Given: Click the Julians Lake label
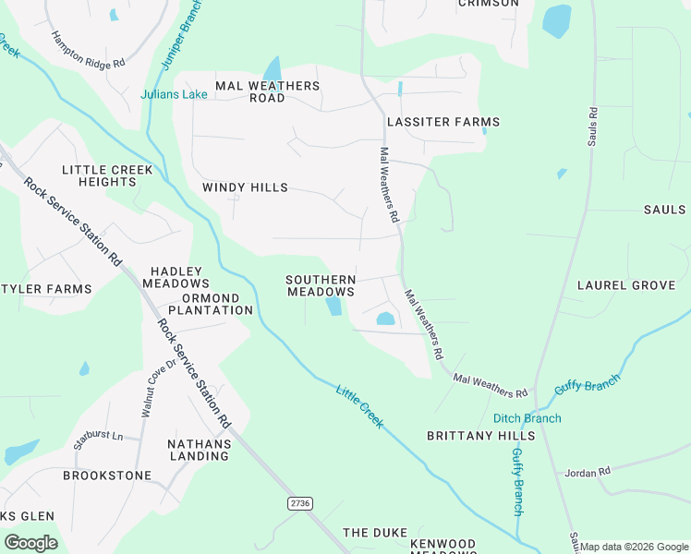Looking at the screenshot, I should pyautogui.click(x=174, y=94).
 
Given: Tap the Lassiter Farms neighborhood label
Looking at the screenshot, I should pyautogui.click(x=443, y=122).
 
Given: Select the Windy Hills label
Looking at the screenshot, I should pyautogui.click(x=245, y=187).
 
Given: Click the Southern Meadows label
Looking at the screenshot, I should pyautogui.click(x=321, y=285).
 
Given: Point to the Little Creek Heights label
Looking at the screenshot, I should pyautogui.click(x=99, y=175).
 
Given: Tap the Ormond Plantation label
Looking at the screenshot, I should pyautogui.click(x=204, y=304).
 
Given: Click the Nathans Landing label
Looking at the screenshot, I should pyautogui.click(x=199, y=450).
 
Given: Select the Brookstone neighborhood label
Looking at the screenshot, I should pyautogui.click(x=107, y=476).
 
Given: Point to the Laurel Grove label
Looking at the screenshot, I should pyautogui.click(x=626, y=285).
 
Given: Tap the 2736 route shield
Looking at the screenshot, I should pyautogui.click(x=299, y=502).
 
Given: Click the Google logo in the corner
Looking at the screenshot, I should pyautogui.click(x=30, y=542).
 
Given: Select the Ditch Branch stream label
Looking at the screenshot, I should pyautogui.click(x=527, y=418).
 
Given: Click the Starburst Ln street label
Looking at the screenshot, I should pyautogui.click(x=98, y=433).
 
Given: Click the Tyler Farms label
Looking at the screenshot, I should pyautogui.click(x=46, y=289).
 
